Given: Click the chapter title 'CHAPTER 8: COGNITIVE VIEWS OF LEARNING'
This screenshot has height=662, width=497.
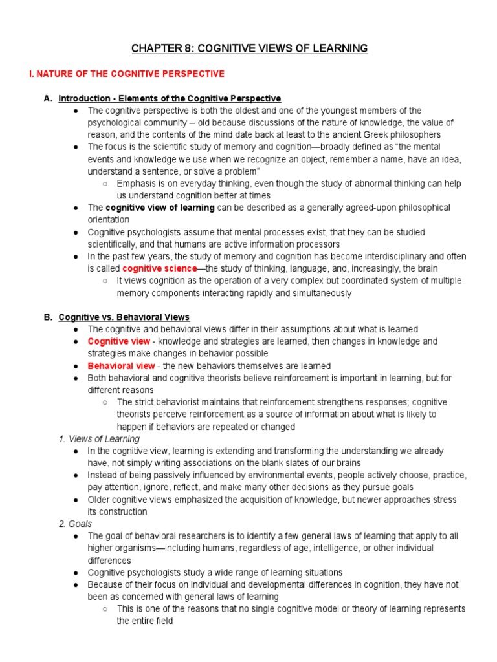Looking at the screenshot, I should pyautogui.click(x=249, y=48).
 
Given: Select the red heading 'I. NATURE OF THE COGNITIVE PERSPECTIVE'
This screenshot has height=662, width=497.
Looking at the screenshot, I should pyautogui.click(x=127, y=74).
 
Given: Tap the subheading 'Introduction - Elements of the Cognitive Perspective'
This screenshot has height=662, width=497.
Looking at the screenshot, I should pyautogui.click(x=170, y=99).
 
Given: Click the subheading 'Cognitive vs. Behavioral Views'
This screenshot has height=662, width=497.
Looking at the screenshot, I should pyautogui.click(x=124, y=317).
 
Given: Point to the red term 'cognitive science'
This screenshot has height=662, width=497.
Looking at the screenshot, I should pyautogui.click(x=159, y=268).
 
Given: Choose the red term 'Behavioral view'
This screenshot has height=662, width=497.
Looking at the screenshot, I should pyautogui.click(x=122, y=366).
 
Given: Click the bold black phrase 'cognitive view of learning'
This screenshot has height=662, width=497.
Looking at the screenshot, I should pyautogui.click(x=160, y=208).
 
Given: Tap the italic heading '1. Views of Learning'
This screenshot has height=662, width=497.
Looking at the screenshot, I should pyautogui.click(x=99, y=439).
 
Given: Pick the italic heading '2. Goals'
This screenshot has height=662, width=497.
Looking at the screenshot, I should pyautogui.click(x=75, y=524).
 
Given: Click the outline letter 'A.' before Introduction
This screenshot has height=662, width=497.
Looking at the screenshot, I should pyautogui.click(x=47, y=99).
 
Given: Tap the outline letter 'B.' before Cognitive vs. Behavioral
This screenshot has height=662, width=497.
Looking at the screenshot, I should pyautogui.click(x=47, y=317).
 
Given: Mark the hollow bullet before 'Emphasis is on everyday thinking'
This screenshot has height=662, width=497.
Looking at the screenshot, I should pyautogui.click(x=105, y=184).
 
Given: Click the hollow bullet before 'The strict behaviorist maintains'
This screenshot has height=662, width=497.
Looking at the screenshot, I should pyautogui.click(x=105, y=402).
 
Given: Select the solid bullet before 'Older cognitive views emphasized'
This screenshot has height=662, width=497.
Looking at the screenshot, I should pyautogui.click(x=76, y=500).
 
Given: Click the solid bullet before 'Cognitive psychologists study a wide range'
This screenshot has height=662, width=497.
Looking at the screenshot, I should pyautogui.click(x=76, y=573).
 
